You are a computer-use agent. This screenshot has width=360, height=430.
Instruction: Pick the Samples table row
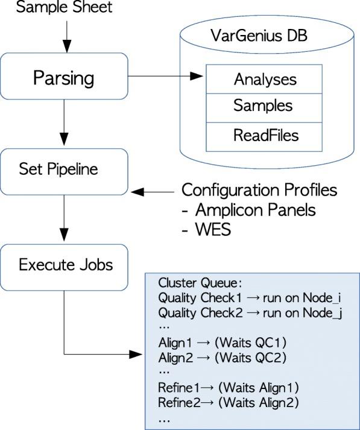[x=262, y=106]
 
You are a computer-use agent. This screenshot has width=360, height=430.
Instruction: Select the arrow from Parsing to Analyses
[x=166, y=77]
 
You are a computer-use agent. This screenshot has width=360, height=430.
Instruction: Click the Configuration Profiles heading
[x=259, y=191]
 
